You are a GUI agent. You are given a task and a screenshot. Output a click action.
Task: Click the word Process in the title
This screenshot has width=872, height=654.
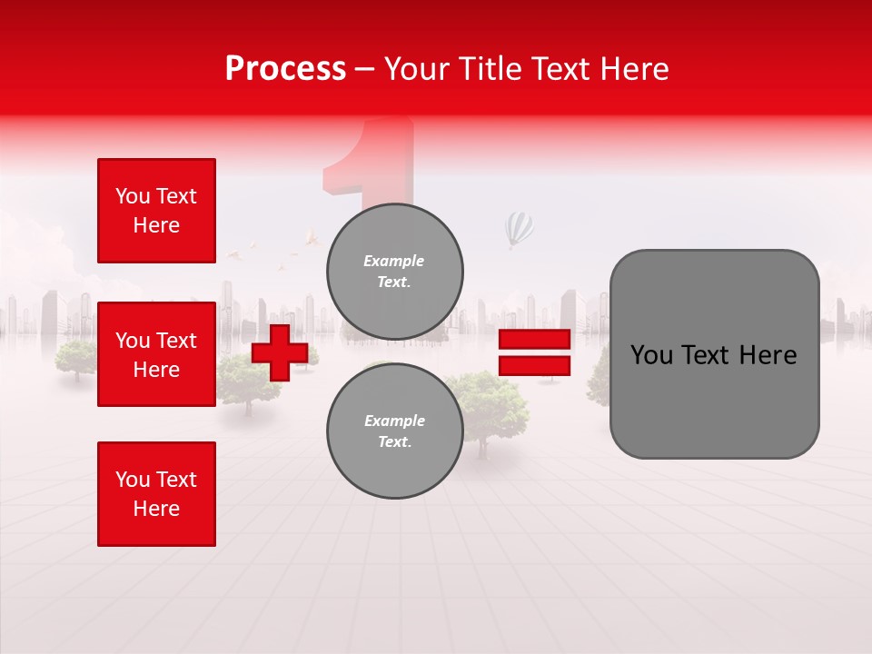click(285, 69)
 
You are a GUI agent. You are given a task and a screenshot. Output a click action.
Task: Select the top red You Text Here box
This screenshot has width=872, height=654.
click(156, 211)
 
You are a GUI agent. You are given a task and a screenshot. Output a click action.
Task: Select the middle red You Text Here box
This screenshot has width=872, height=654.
click(156, 354)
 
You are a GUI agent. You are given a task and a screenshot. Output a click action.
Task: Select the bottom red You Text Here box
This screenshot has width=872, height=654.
click(156, 494)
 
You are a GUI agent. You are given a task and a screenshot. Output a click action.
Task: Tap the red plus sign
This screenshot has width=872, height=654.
click(280, 352)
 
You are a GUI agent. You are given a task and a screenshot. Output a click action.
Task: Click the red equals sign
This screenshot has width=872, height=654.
click(534, 352)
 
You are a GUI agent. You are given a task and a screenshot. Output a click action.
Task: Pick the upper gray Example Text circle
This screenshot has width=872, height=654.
click(394, 272)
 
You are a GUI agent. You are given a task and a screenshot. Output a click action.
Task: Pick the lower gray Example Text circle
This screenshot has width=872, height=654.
click(394, 431)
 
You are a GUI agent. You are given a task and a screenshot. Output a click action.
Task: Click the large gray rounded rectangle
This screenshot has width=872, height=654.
click(714, 354)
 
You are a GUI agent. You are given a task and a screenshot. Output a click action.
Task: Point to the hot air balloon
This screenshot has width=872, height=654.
click(519, 228)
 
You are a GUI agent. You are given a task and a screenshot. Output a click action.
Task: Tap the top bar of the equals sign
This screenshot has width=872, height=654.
click(534, 340)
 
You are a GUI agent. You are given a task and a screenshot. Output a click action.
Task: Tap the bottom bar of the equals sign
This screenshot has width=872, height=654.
click(534, 366)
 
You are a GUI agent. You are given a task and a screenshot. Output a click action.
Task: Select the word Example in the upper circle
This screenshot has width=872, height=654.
click(393, 261)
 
